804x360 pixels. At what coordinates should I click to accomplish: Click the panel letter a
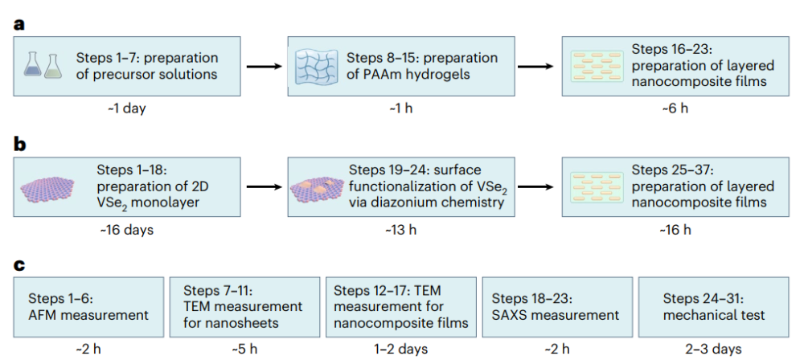tap(19, 25)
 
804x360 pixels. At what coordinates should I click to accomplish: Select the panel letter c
tap(19, 265)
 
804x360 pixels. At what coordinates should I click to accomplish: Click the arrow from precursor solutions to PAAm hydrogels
tap(264, 67)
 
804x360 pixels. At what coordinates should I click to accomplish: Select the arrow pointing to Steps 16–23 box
tap(535, 67)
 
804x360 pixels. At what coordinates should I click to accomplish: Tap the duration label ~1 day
tap(127, 109)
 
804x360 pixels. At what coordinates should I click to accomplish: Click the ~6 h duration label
tap(675, 109)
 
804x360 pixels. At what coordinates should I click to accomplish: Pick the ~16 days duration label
tap(127, 230)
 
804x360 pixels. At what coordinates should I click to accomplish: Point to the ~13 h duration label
tap(401, 230)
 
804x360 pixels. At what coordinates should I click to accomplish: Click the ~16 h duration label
tap(675, 230)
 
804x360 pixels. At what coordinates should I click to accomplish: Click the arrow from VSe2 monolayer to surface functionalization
tap(264, 186)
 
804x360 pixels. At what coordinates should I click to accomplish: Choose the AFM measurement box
tap(88, 307)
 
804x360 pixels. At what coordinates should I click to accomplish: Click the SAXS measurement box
tap(557, 307)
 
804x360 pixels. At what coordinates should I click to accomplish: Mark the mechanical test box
tap(714, 307)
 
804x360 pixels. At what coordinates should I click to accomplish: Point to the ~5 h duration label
tap(244, 350)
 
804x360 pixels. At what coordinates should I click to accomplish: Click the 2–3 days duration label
tap(713, 350)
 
